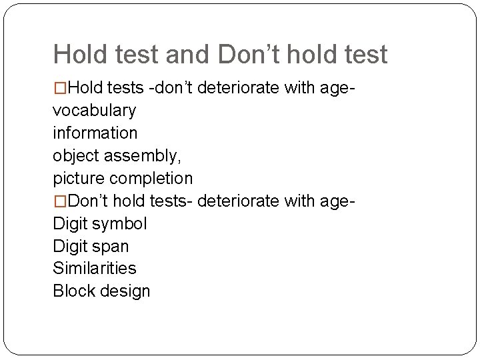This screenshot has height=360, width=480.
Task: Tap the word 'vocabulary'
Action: click(x=95, y=110)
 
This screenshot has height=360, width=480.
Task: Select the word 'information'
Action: click(x=95, y=133)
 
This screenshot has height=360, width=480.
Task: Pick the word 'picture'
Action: click(x=79, y=178)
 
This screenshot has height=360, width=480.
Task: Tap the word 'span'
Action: click(x=111, y=246)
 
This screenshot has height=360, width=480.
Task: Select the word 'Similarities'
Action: click(x=95, y=269)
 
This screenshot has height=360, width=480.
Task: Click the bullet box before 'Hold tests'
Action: click(x=59, y=87)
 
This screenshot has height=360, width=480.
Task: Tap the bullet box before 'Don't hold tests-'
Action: click(x=59, y=201)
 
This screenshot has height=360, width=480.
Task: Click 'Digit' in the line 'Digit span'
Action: click(x=71, y=246)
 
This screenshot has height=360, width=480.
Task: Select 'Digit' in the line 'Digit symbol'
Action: click(x=71, y=223)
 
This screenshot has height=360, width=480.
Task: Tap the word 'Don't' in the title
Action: click(x=238, y=55)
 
